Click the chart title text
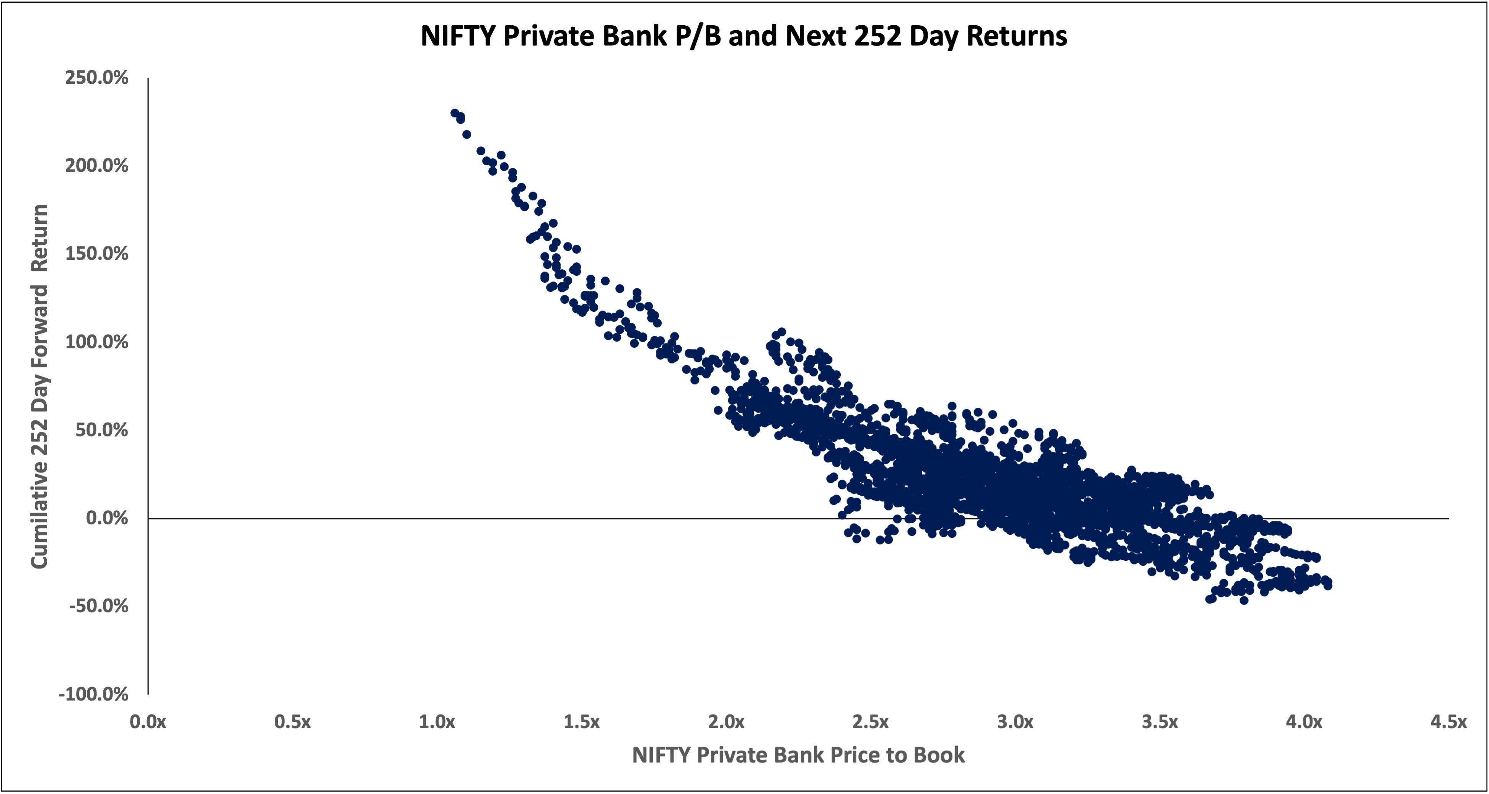coord(743,36)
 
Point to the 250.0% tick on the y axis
coord(96,78)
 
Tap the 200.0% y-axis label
coord(96,166)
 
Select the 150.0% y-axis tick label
coord(96,254)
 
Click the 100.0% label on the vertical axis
coord(96,342)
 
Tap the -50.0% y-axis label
coord(98,606)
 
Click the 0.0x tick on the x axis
coord(148,722)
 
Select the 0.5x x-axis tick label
coord(292,722)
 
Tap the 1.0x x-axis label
coord(437,722)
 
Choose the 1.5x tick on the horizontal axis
coord(582,722)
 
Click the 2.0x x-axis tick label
coord(726,722)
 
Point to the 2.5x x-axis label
coord(871,722)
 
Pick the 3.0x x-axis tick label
coord(1015,722)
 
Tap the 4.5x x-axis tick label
coord(1448,722)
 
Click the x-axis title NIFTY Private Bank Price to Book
coord(798,755)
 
